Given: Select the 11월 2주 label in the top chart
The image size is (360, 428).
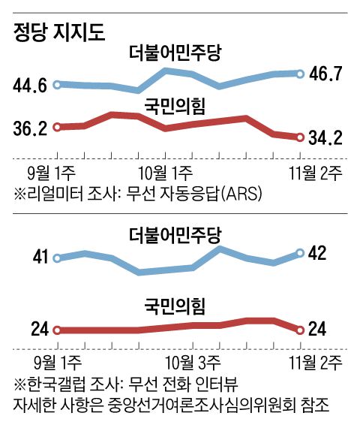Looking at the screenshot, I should pos(315,171).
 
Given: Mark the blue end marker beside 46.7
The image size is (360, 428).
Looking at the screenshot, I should pos(300,74).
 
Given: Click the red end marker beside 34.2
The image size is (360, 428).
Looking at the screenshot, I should pos(300,137).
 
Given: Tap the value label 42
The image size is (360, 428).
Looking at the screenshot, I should pos(317,253).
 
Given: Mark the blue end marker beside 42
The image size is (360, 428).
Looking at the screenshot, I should pos(300,253).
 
